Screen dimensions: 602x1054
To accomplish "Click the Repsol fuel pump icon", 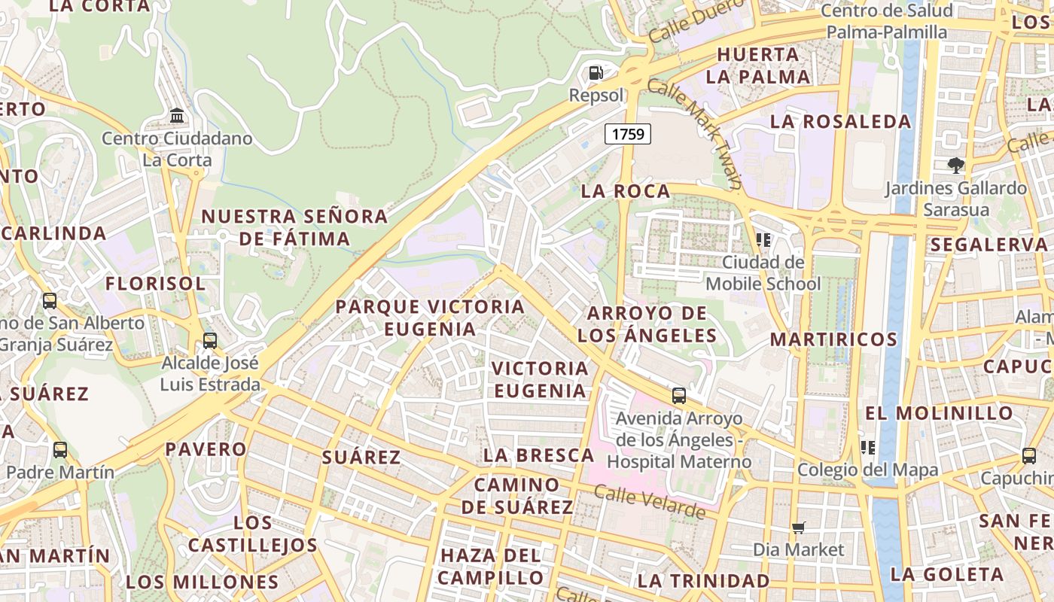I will pos(596,73).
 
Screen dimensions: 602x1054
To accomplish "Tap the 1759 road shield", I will pos(628,134).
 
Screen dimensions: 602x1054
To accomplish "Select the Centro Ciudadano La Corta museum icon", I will pos(177,116).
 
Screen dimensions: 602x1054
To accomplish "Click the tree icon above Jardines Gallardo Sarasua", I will pos(956,165).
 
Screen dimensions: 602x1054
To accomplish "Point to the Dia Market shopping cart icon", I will pos(799,528).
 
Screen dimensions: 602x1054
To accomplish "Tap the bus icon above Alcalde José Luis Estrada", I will pos(210,340).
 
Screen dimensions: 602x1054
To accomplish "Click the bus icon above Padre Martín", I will pos(60,450).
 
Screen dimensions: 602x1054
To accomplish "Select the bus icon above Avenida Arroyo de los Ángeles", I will pos(679,395).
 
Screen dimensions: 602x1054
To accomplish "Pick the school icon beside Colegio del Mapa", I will pos(868,448).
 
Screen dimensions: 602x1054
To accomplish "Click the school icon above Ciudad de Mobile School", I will pos(763,240).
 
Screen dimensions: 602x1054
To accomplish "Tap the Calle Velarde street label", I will pos(650,503).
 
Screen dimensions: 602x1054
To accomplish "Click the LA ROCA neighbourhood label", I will pos(626,191).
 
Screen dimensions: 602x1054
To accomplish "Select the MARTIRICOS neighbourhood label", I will pos(833,339).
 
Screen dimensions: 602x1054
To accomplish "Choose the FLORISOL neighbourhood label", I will pos(155,284).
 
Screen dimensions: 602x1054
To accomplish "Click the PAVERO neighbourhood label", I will pos(206,449).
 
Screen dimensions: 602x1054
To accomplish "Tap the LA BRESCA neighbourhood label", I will pos(539,455).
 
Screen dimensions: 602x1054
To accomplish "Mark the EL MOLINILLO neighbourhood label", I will pos(939,413).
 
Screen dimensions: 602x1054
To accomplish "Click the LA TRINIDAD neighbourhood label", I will pos(703,581).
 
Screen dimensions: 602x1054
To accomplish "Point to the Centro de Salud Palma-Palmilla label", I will pos(887,21).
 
